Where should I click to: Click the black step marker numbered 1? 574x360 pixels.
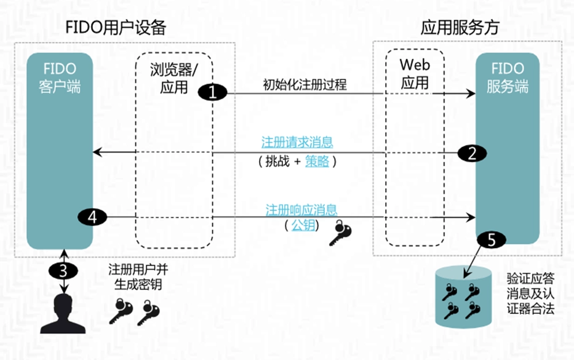(x=213, y=93)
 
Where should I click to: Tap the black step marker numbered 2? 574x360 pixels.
(x=472, y=153)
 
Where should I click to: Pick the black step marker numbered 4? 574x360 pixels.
(x=93, y=217)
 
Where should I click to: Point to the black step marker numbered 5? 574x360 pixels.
(x=490, y=240)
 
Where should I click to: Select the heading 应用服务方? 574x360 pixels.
(x=460, y=28)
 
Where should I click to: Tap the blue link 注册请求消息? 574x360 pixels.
(x=297, y=143)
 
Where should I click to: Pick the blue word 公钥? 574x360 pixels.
(x=303, y=226)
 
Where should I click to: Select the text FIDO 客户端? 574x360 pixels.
(x=60, y=78)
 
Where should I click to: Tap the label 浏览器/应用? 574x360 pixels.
(x=173, y=78)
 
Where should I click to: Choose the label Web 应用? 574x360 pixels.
(x=414, y=73)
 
